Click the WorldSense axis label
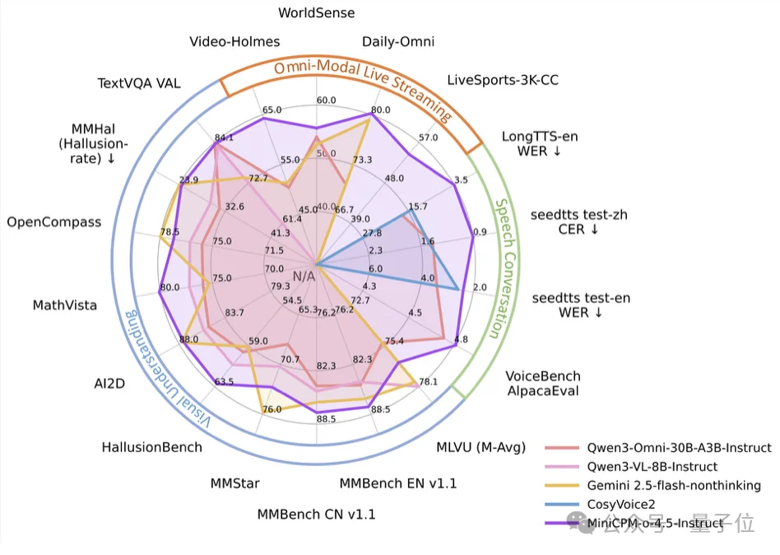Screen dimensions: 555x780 point(317,13)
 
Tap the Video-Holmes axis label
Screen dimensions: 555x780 point(234,42)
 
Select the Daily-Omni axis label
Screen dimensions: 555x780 point(398,42)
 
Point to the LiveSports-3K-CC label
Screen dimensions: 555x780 point(491,80)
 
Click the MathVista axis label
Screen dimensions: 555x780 point(64,305)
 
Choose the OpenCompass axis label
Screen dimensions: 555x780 point(53,222)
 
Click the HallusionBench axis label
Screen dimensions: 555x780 point(151,447)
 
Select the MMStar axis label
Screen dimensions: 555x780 point(234,483)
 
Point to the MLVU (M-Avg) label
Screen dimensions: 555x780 point(481,448)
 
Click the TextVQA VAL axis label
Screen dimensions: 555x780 point(139,83)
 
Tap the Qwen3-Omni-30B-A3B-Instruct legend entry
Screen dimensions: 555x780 point(679,448)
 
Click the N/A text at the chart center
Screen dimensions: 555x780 point(304,276)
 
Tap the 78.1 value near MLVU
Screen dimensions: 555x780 point(428,382)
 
